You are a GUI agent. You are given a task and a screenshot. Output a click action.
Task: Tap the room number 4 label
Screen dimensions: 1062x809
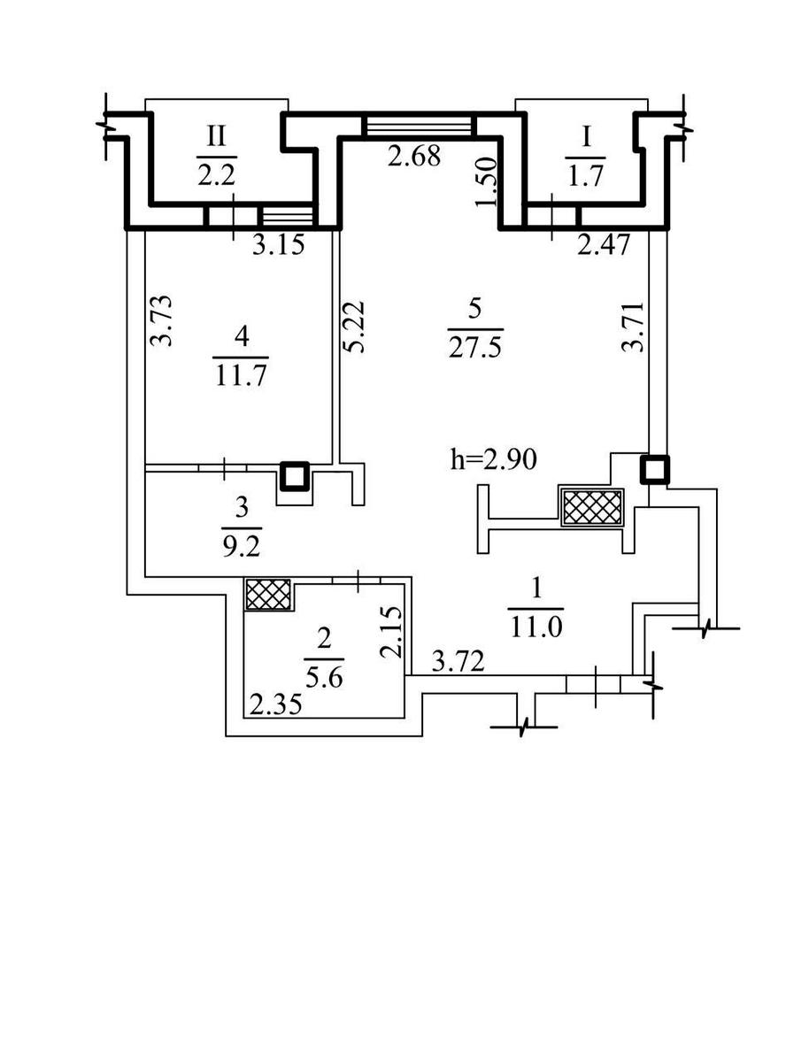[x=241, y=337]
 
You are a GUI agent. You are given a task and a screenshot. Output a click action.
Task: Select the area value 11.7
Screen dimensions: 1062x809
[x=241, y=374]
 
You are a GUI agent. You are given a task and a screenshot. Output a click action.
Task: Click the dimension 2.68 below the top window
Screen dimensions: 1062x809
[x=414, y=158]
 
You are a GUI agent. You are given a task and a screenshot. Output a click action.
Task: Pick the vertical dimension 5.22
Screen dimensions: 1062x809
[x=355, y=327]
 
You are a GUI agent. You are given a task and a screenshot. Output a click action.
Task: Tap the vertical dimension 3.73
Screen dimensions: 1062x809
[x=159, y=320]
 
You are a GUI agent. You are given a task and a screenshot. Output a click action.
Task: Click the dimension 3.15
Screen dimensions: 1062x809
[x=278, y=245]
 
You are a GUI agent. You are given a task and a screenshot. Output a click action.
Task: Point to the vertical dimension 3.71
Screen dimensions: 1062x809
[x=632, y=327]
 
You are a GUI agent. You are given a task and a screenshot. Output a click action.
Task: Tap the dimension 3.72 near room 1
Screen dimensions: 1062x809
[x=458, y=660]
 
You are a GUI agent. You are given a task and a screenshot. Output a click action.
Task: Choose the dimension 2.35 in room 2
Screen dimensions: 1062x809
[x=274, y=704]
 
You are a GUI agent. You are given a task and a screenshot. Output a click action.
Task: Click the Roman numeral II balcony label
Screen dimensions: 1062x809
[x=216, y=136]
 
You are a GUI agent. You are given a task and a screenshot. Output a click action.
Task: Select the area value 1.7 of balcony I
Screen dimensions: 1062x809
[x=585, y=174]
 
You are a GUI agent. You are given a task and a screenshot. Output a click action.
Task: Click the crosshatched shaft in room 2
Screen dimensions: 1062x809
[x=268, y=594]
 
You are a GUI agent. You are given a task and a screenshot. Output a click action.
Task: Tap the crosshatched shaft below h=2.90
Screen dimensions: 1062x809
[x=591, y=507]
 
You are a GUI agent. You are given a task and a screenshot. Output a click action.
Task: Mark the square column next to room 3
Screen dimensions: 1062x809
[x=295, y=476]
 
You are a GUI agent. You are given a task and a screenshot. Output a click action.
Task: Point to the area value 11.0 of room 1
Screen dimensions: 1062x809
[x=536, y=627]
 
